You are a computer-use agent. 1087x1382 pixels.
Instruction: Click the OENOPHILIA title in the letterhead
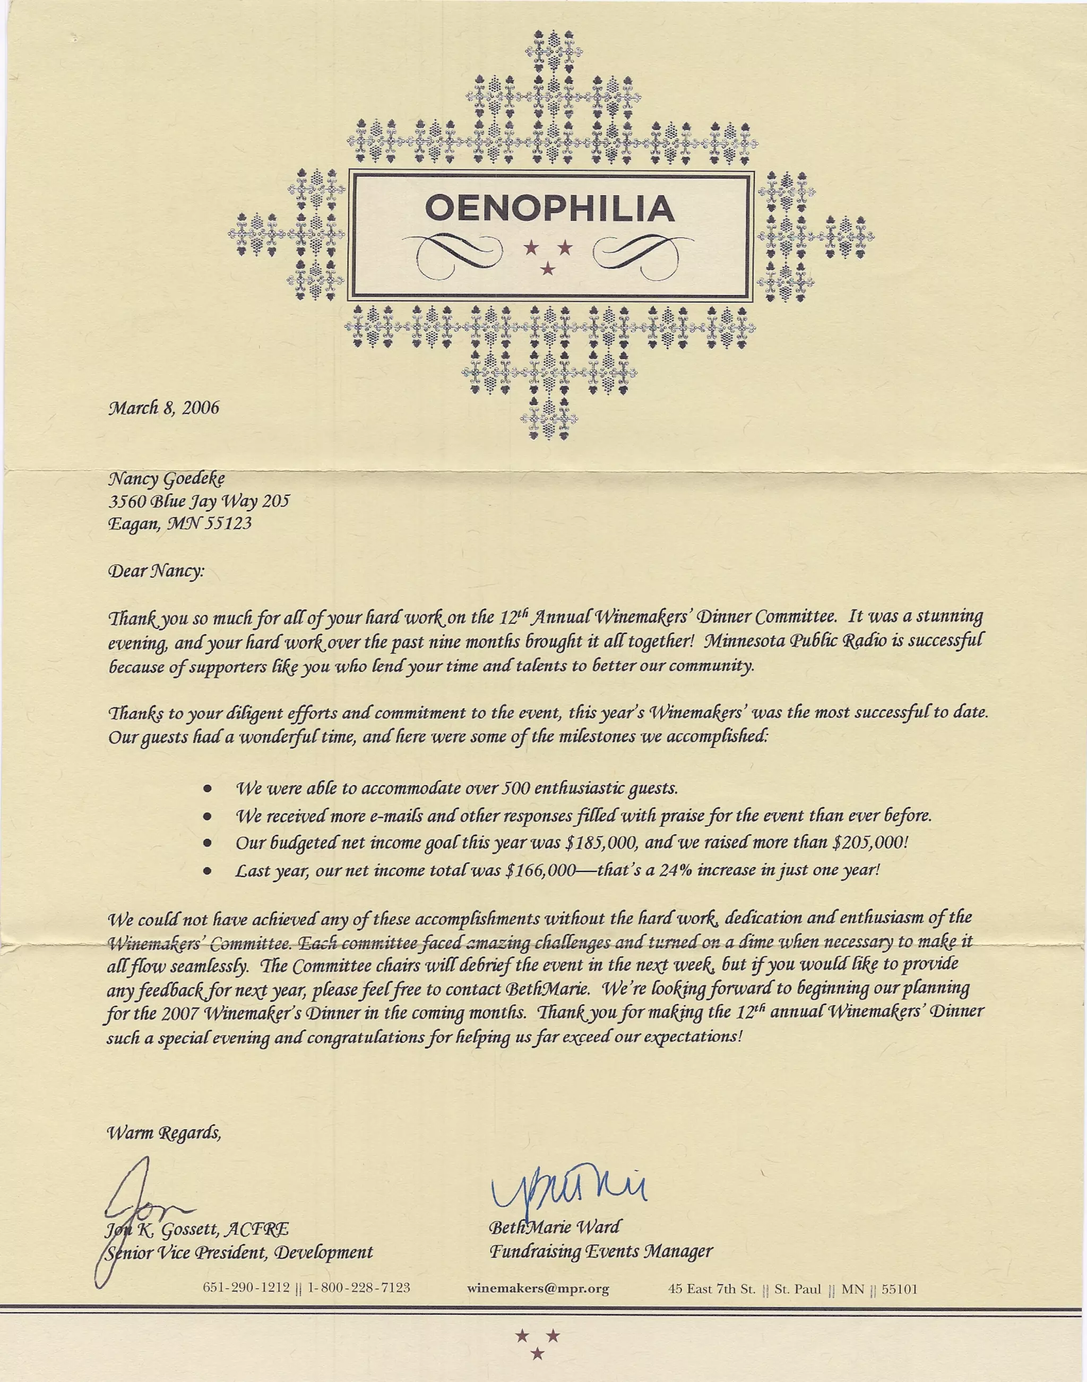549,209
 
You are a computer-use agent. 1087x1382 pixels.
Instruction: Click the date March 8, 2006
163,408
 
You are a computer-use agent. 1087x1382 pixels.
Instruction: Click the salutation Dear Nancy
157,571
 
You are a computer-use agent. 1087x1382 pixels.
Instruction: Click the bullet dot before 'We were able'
207,789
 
